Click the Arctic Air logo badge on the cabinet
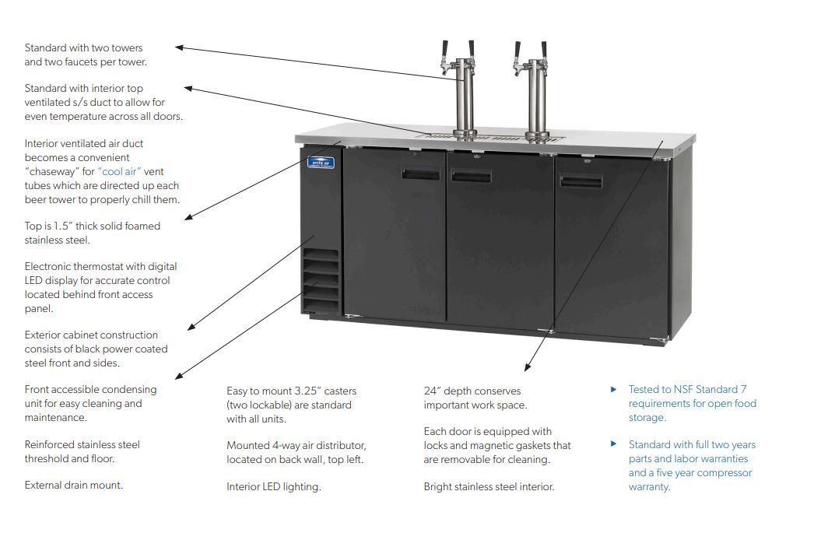tap(321, 163)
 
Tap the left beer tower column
tap(465, 97)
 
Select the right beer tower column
tap(537, 97)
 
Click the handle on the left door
tap(421, 174)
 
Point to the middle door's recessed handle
tap(472, 177)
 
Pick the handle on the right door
tap(581, 182)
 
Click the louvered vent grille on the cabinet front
tap(321, 279)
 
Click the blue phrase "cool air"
tap(119, 171)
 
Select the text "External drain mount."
tap(73, 486)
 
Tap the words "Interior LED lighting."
tap(273, 487)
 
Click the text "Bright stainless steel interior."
tap(489, 487)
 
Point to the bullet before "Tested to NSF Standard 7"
tap(613, 389)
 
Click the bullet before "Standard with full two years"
tap(613, 444)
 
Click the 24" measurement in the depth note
tap(432, 391)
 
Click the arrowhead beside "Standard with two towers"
tap(180, 47)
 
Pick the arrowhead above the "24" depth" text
tap(528, 366)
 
